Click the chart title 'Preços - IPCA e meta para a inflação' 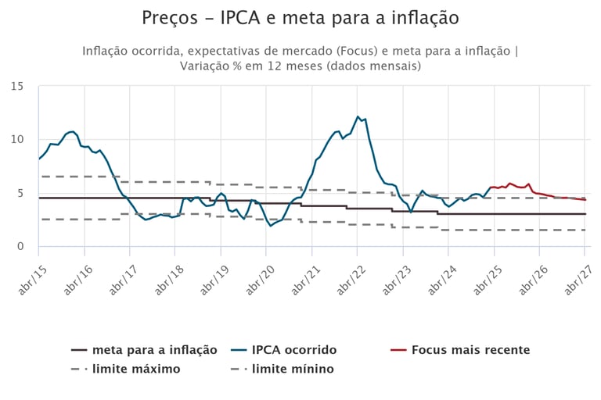pyautogui.click(x=300, y=17)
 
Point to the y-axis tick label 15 pyautogui.click(x=17, y=86)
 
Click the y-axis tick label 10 pyautogui.click(x=17, y=139)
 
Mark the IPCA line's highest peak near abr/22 pyautogui.click(x=358, y=117)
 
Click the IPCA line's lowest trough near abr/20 pyautogui.click(x=271, y=226)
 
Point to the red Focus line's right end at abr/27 pyautogui.click(x=585, y=200)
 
